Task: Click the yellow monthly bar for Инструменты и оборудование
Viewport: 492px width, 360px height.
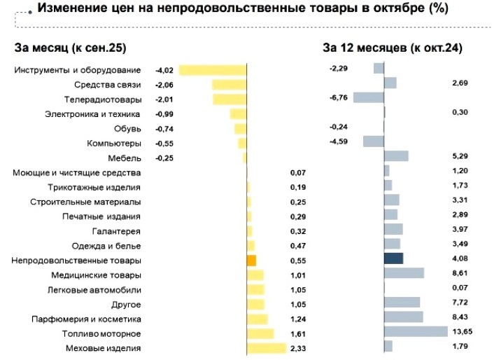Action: (x=213, y=70)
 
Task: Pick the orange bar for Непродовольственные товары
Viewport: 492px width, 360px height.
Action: (x=251, y=260)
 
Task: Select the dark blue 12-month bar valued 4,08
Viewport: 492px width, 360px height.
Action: (x=393, y=258)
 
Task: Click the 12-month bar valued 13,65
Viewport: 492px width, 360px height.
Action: (x=416, y=331)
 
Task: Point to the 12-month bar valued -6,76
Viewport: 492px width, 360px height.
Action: (x=369, y=97)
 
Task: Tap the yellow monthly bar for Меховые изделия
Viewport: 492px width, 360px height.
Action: (x=266, y=347)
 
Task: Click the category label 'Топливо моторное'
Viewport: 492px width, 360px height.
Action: (x=101, y=333)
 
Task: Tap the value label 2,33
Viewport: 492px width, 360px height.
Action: (x=299, y=347)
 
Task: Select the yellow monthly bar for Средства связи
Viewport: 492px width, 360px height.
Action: (x=230, y=85)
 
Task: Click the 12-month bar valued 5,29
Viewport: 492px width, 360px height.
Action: (x=396, y=155)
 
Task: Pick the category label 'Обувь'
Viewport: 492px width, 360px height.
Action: (x=127, y=128)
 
